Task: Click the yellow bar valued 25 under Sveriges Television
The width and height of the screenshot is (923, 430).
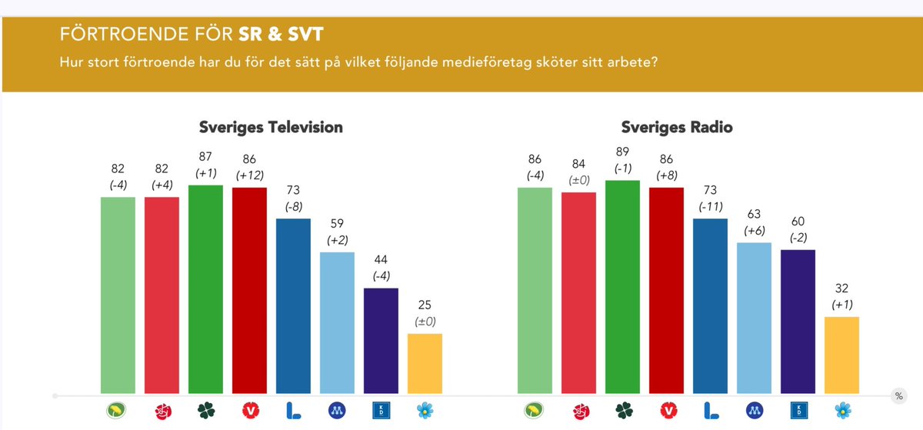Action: [x=425, y=363]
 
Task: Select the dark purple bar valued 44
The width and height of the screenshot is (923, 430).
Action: [x=381, y=340]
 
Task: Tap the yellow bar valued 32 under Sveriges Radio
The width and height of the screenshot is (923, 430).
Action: [x=841, y=355]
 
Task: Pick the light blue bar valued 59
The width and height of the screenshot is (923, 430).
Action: [x=337, y=322]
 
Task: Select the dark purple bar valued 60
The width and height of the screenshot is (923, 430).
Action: [x=798, y=321]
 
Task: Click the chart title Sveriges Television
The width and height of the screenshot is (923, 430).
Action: [x=271, y=128]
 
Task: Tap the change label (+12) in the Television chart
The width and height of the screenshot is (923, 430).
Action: [x=249, y=175]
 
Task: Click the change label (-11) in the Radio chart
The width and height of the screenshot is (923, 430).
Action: [x=710, y=207]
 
